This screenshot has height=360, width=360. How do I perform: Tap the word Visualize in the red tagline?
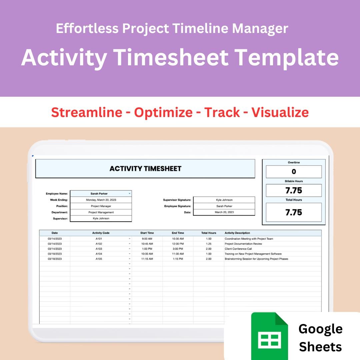tap(280, 112)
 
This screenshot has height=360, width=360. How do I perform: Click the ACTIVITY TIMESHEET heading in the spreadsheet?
tap(145, 169)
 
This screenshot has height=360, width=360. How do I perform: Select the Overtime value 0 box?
tap(294, 172)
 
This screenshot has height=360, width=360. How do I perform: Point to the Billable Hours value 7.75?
tap(294, 191)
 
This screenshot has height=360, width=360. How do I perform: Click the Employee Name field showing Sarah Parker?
tap(99, 193)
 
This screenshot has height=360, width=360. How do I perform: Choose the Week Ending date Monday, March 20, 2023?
tap(101, 200)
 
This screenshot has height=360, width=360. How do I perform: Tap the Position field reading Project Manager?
tap(101, 206)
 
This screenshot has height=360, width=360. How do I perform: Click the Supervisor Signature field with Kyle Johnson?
tap(224, 200)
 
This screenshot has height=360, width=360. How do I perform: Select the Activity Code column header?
tap(101, 233)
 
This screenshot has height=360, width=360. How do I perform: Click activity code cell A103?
tap(99, 249)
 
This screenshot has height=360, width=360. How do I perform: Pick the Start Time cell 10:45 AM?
tap(147, 244)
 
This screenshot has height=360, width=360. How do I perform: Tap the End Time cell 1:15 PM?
tap(178, 259)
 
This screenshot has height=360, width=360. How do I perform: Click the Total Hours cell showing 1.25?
tap(209, 244)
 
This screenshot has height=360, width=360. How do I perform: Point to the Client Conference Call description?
tap(238, 249)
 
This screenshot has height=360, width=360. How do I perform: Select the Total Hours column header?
tap(209, 233)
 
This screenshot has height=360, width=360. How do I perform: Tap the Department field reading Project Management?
tap(101, 212)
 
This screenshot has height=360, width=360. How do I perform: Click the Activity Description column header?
tap(237, 233)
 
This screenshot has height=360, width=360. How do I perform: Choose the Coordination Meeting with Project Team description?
tap(249, 239)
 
